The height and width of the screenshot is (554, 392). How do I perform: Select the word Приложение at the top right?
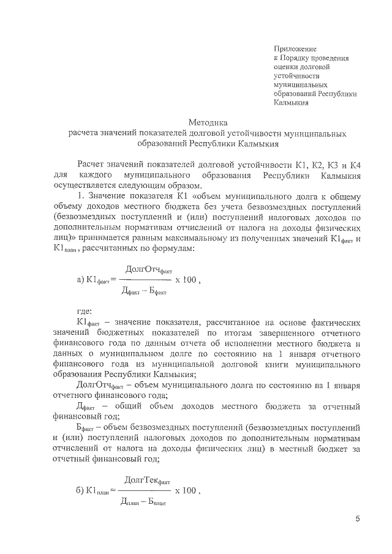click(x=295, y=48)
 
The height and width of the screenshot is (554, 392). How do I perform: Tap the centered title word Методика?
click(x=209, y=122)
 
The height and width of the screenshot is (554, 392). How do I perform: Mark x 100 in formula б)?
click(x=187, y=490)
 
